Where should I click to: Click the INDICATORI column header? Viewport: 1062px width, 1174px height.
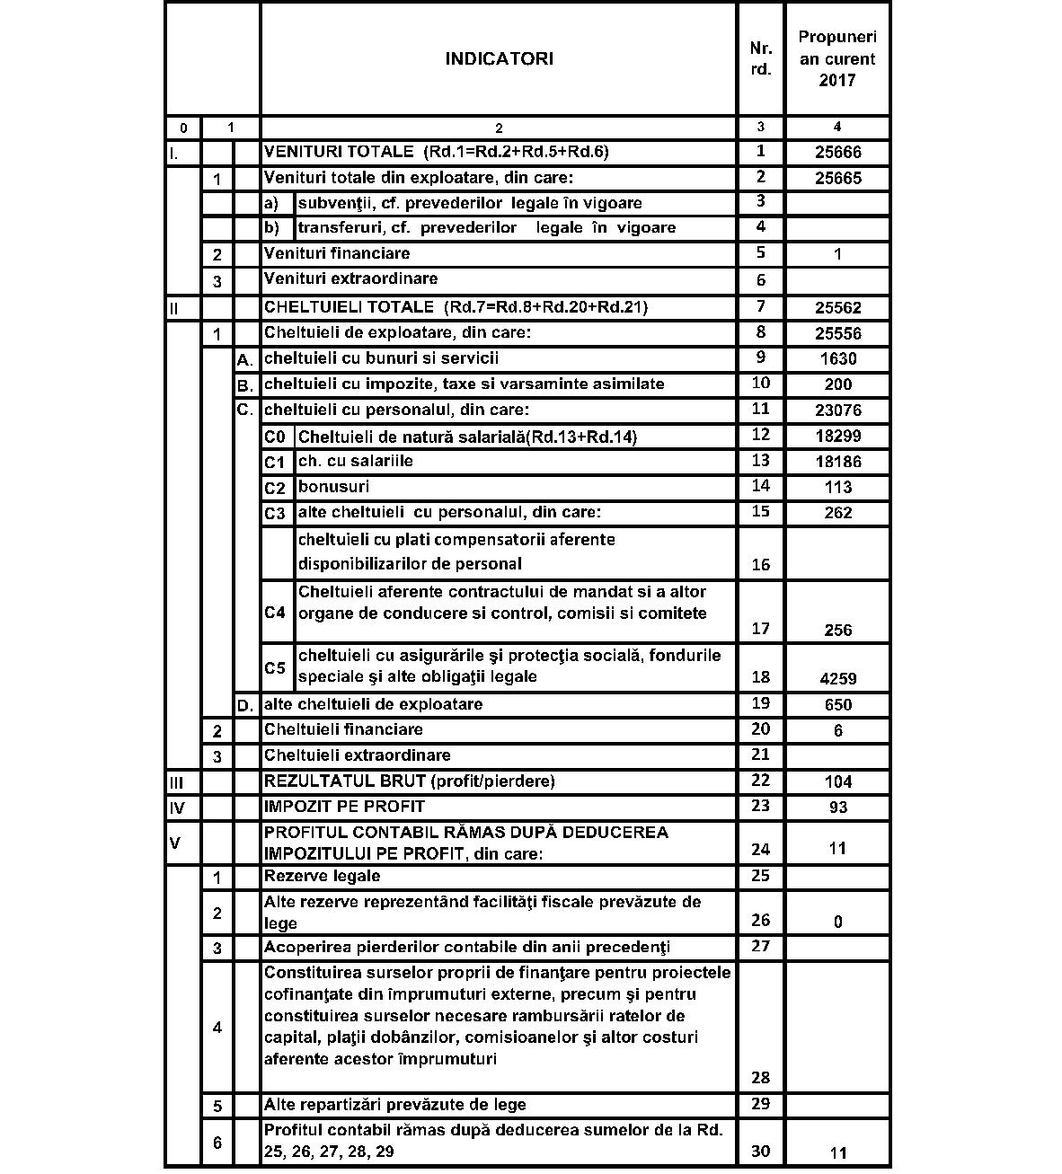499,59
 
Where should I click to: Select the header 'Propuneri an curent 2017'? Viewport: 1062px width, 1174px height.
837,59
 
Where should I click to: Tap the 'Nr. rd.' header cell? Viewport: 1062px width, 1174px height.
760,59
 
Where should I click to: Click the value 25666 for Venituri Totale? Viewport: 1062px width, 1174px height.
837,153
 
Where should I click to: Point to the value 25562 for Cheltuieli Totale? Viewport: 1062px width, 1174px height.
837,308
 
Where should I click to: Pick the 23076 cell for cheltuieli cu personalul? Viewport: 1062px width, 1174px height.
837,410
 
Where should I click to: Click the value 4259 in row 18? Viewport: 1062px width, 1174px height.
837,679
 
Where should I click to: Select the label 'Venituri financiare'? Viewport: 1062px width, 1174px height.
337,254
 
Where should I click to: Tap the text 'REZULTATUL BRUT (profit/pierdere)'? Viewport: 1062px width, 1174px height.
409,781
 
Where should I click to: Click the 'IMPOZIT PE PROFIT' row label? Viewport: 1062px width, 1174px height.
344,806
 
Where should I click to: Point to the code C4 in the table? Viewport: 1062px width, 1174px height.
275,613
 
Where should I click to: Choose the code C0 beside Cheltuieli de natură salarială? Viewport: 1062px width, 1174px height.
275,437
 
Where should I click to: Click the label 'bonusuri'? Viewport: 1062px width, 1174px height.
333,487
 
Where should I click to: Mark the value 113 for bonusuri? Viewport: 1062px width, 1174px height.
837,488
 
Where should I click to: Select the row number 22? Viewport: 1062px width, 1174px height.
760,781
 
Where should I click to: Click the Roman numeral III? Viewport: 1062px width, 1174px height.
176,782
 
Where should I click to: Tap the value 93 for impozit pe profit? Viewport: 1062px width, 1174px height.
837,808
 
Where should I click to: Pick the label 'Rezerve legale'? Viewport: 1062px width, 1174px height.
322,876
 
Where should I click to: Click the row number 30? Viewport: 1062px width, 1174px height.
760,1152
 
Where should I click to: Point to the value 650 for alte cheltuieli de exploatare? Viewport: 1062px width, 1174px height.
837,705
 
